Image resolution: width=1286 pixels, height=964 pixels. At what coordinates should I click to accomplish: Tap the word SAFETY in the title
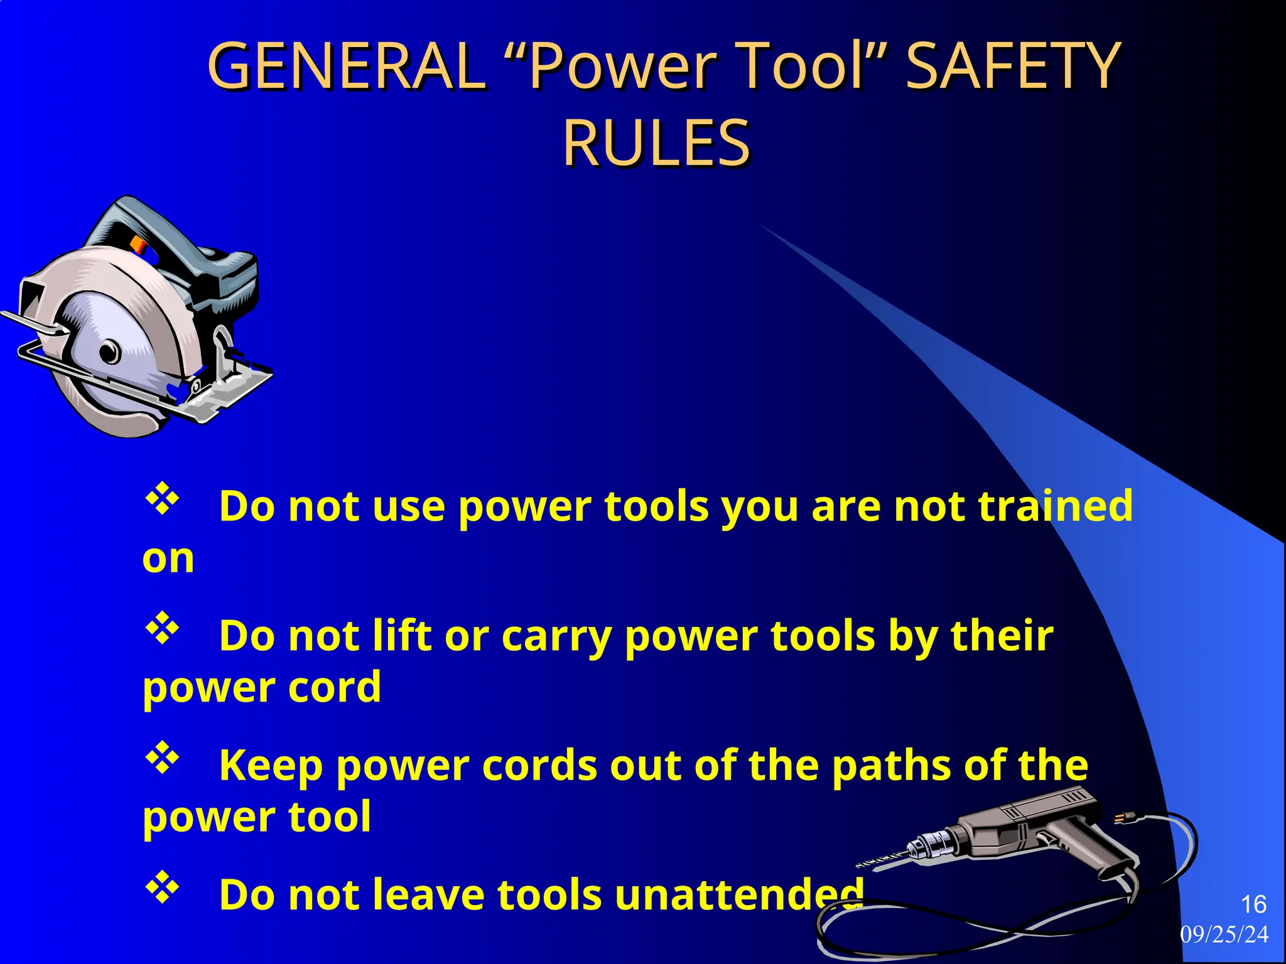pyautogui.click(x=1012, y=65)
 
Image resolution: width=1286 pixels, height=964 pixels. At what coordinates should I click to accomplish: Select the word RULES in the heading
pyautogui.click(x=656, y=142)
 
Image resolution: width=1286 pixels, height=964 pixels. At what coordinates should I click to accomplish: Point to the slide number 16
pyautogui.click(x=1253, y=904)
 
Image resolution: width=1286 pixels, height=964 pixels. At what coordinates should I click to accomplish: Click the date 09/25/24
pyautogui.click(x=1224, y=935)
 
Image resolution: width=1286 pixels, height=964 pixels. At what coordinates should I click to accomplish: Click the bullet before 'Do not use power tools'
pyautogui.click(x=163, y=500)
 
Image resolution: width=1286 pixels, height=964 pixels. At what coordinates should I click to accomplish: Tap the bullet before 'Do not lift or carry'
pyautogui.click(x=163, y=629)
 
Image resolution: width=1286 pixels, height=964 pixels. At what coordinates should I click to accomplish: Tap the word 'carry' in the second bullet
pyautogui.click(x=556, y=636)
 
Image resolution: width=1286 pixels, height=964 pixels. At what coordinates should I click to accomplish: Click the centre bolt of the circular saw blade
pyautogui.click(x=111, y=351)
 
